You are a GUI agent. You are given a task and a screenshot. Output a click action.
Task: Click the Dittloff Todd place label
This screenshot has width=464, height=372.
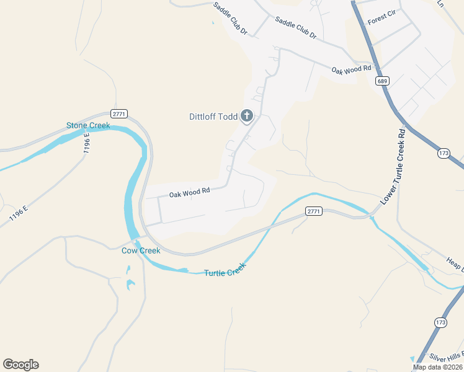[x=213, y=117]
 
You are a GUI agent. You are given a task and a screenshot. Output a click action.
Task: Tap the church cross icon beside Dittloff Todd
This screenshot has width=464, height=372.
[x=247, y=115]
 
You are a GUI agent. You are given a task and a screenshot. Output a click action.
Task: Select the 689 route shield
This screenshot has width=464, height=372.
[x=382, y=81]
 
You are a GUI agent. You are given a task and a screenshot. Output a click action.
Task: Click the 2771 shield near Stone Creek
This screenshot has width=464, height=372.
[x=119, y=113]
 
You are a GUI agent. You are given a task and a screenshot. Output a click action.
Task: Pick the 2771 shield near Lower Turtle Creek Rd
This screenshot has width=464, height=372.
[x=315, y=211]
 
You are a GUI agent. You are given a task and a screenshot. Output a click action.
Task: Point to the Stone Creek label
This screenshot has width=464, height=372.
[x=88, y=126]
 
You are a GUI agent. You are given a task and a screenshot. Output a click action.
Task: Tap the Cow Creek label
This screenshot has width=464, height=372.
[x=141, y=250]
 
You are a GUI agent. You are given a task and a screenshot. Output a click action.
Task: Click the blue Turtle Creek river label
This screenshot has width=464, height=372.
[x=225, y=270]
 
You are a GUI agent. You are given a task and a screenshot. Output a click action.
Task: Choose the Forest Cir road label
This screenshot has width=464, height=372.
[x=381, y=17]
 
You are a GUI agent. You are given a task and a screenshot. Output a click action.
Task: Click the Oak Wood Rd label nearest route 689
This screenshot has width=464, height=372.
[x=350, y=70]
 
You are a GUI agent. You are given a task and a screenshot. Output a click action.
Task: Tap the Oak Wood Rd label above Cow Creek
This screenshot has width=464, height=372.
[x=190, y=193]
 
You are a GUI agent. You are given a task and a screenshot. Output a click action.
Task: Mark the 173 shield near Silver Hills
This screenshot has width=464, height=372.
[x=440, y=322]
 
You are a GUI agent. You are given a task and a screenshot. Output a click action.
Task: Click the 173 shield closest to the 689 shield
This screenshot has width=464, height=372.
[x=443, y=153]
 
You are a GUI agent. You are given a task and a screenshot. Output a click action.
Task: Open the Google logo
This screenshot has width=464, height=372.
[x=20, y=365]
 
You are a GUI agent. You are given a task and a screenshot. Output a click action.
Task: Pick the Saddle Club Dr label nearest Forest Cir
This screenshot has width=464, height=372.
[x=296, y=28]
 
